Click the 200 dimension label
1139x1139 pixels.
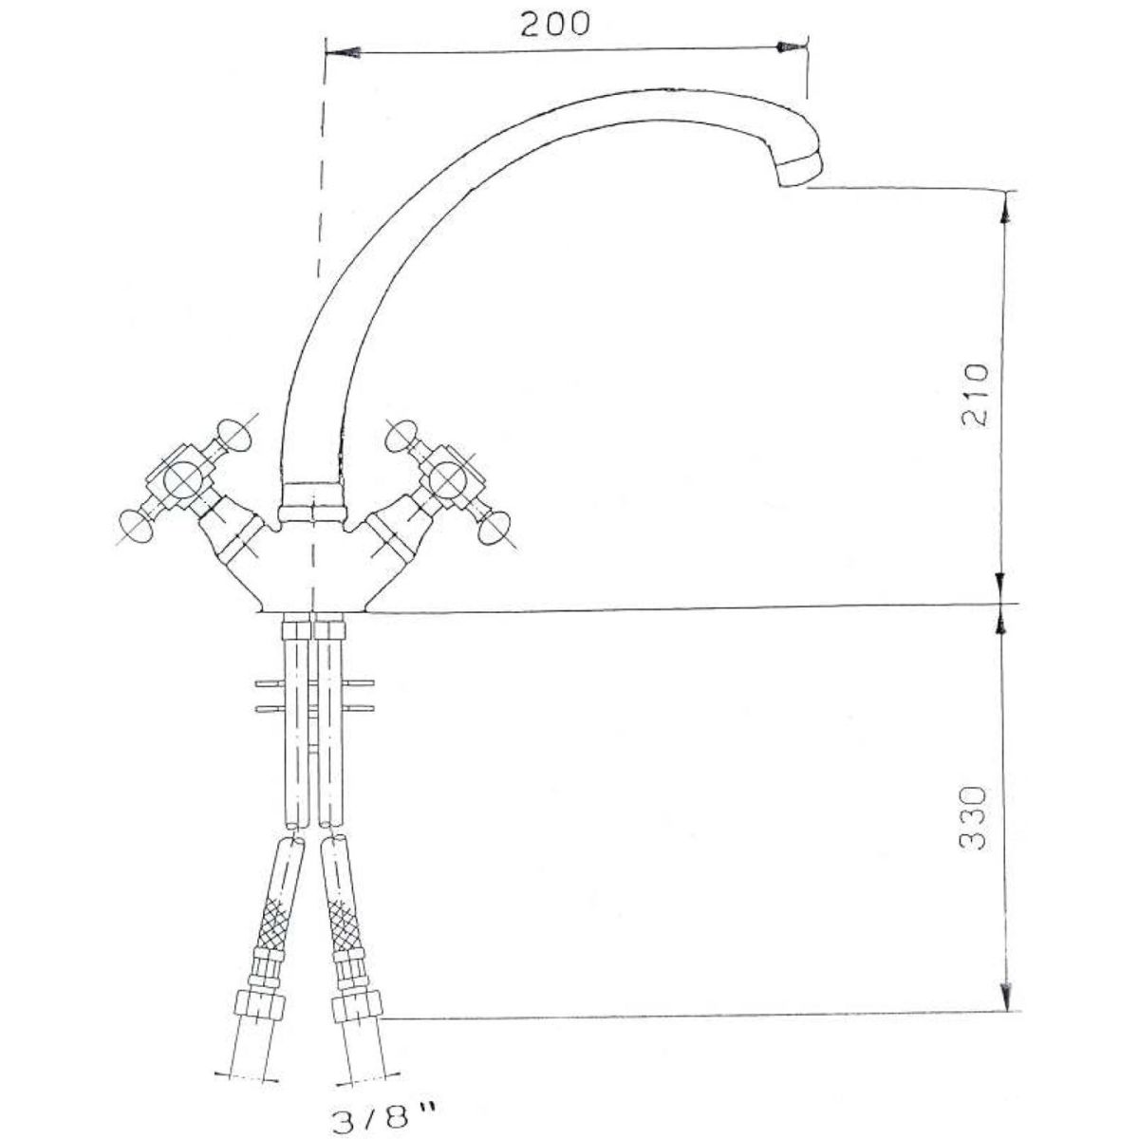[555, 25]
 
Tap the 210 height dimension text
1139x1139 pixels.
[974, 396]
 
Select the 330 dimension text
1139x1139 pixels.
[973, 818]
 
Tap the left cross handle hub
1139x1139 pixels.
[182, 479]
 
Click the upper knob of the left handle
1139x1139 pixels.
[234, 436]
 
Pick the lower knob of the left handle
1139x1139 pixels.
[136, 526]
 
